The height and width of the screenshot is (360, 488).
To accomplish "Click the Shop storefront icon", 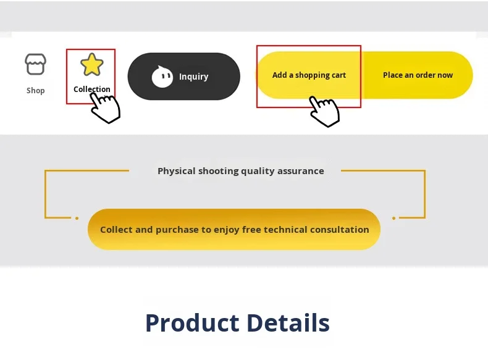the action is click(x=35, y=64).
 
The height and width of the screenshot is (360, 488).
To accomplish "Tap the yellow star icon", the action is click(x=92, y=64).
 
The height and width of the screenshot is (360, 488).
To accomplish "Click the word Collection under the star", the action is click(x=92, y=90).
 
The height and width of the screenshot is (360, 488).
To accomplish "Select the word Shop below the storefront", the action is click(x=35, y=91).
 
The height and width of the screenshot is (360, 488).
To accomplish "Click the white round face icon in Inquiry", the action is click(x=162, y=77).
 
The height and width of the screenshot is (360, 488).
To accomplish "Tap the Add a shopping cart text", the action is click(x=309, y=75).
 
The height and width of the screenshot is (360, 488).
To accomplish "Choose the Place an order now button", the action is click(x=418, y=75).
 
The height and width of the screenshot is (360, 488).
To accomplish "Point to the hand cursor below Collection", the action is click(x=106, y=108).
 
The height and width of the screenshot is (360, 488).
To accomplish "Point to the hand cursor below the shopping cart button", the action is click(x=324, y=111).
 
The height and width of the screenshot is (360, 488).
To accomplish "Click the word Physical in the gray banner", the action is click(x=177, y=171).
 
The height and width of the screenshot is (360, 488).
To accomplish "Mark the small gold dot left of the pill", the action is click(x=77, y=218).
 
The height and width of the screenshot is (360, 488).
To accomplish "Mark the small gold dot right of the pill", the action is click(x=393, y=218).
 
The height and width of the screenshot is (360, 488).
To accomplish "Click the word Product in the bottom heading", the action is click(x=193, y=323).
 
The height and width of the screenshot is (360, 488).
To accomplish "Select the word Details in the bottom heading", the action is click(x=288, y=323).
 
